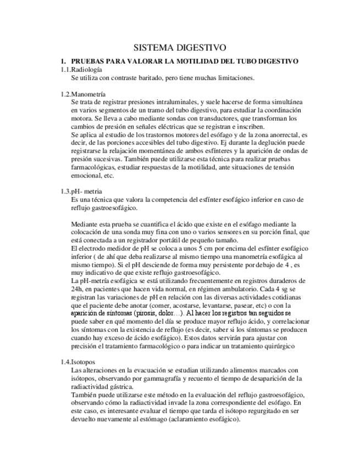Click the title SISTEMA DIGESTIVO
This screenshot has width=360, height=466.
(180, 48)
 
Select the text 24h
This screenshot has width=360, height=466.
(76, 289)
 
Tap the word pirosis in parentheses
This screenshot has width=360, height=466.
(154, 313)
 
